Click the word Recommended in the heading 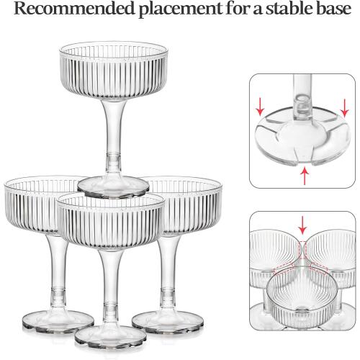[73, 8]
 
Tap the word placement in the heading [181, 9]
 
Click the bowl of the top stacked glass [114, 71]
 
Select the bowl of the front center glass [111, 222]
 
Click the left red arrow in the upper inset [260, 107]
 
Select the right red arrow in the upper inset [345, 108]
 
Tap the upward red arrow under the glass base [305, 176]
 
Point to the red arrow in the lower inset [303, 225]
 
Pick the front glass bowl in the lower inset [302, 297]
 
